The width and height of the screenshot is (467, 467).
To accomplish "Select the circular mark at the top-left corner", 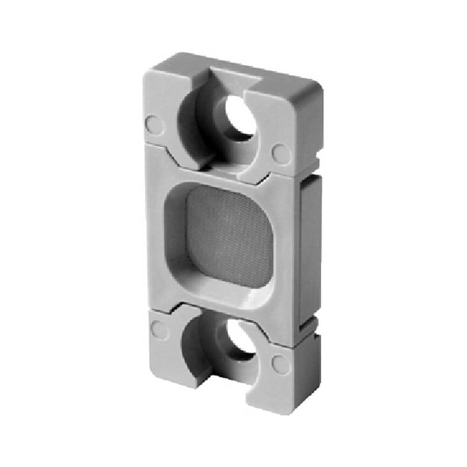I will tap(154, 123).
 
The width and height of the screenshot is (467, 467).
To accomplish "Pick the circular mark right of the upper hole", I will tap(281, 152).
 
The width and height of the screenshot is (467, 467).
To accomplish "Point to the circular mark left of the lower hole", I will tap(159, 330).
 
